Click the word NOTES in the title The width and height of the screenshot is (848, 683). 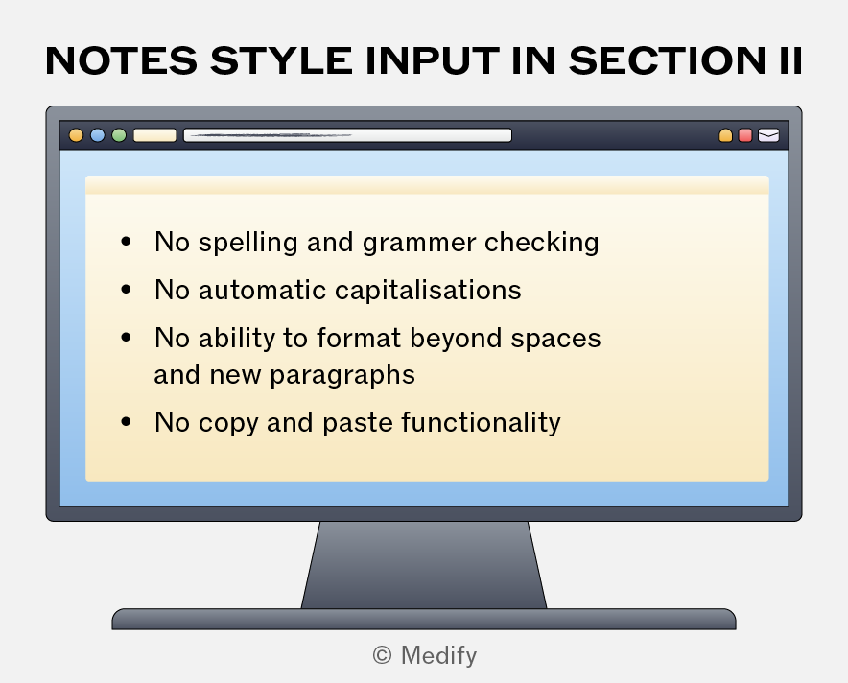point(122,60)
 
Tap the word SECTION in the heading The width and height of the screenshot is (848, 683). point(667,60)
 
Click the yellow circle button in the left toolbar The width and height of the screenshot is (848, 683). point(76,135)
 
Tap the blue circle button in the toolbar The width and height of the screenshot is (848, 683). point(97,135)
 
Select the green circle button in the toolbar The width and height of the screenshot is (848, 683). point(119,135)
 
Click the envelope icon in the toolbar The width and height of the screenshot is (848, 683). point(768,135)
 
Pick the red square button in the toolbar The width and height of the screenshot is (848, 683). point(745,135)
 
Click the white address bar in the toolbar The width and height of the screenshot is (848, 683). point(348,135)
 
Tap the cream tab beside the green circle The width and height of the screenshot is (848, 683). point(154,135)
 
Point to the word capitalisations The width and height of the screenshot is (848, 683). point(429,291)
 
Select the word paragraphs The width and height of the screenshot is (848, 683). point(342,375)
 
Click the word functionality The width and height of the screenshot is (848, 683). point(482,423)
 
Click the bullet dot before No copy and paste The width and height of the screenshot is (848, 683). point(126,421)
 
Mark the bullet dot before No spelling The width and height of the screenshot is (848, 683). point(126,241)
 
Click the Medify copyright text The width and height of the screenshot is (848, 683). point(425,655)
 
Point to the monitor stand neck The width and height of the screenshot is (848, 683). point(424,565)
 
